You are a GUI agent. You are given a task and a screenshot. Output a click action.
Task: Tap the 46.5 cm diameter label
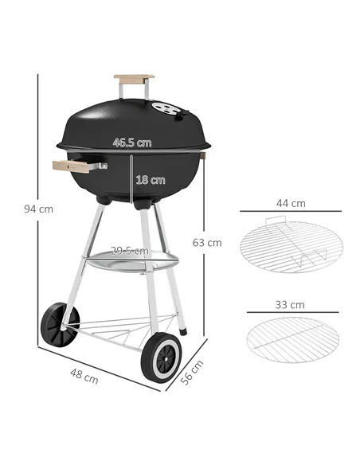pyautogui.click(x=131, y=143)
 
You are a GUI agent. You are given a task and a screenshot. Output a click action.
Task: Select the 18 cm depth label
pyautogui.click(x=150, y=180)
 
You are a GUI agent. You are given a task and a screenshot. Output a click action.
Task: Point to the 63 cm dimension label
pyautogui.click(x=209, y=242)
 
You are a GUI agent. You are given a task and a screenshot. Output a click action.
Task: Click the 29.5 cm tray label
pyautogui.click(x=129, y=250)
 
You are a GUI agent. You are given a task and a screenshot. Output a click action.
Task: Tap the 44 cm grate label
pyautogui.click(x=290, y=204)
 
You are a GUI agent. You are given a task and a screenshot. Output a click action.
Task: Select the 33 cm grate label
pyautogui.click(x=290, y=305)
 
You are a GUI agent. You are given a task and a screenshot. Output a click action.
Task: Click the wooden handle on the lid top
pyautogui.click(x=134, y=79)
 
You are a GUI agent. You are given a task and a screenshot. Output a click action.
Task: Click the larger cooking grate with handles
pyautogui.click(x=289, y=244)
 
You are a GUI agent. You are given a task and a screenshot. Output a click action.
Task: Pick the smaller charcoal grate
pyautogui.click(x=292, y=338)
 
